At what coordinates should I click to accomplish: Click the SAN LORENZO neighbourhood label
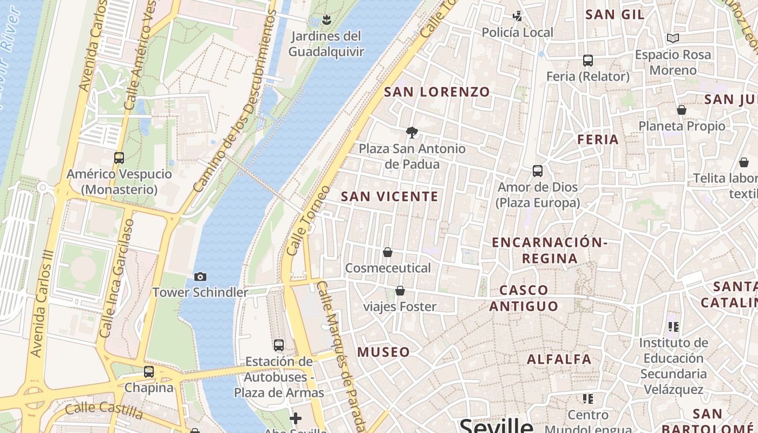click(x=437, y=92)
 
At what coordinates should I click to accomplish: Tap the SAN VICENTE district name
click(x=389, y=196)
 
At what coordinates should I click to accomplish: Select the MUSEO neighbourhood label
click(x=383, y=352)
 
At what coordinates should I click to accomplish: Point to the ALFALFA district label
click(x=559, y=359)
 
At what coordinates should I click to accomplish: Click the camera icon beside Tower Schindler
click(x=200, y=277)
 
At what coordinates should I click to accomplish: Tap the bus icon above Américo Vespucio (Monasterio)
click(x=119, y=158)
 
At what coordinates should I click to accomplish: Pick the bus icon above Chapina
click(x=149, y=372)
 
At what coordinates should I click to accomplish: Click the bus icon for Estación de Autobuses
click(x=279, y=345)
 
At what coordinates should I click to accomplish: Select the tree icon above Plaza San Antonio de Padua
click(x=412, y=132)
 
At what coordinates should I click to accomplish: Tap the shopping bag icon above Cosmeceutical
click(x=388, y=252)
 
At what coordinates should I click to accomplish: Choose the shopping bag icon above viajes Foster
click(x=400, y=291)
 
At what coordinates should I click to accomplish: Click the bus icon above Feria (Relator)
click(x=588, y=61)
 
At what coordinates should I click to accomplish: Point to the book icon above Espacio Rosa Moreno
click(x=673, y=38)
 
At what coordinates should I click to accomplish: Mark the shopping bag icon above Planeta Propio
click(x=682, y=110)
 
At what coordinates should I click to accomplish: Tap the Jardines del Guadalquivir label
click(x=326, y=44)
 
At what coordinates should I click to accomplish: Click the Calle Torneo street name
click(x=308, y=221)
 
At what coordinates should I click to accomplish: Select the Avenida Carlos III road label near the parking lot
click(x=43, y=303)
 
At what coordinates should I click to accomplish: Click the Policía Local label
click(x=518, y=33)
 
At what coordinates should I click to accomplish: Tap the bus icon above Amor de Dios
click(x=538, y=171)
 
